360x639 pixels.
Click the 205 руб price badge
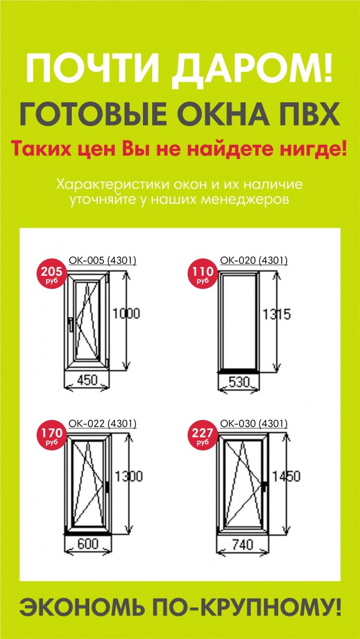[x=51, y=272]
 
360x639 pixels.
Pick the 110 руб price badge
[x=201, y=272]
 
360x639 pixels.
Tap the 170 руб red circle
[x=51, y=435]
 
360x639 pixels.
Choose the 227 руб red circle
[x=201, y=435]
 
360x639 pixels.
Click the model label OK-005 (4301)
[x=102, y=260]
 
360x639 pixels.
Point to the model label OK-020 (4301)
[x=254, y=260]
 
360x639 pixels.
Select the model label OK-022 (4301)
[x=102, y=424]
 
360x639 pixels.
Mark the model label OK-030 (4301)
[x=254, y=424]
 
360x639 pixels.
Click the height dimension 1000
[x=126, y=313]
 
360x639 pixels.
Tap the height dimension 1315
[x=276, y=315]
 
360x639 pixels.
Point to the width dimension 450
[x=87, y=380]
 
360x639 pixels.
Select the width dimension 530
[x=238, y=382]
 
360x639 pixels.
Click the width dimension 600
[x=88, y=544]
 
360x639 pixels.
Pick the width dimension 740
[x=242, y=544]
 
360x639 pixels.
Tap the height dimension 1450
[x=286, y=476]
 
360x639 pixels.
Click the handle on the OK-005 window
[x=71, y=324]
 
